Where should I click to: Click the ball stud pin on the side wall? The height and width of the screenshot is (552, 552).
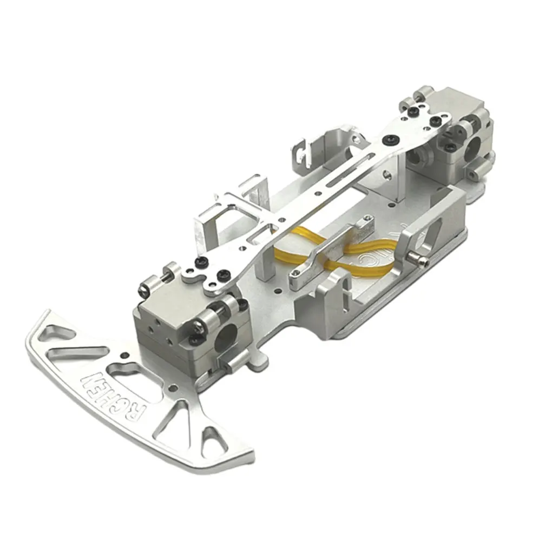420,261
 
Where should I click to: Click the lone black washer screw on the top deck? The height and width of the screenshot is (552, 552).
387,139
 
